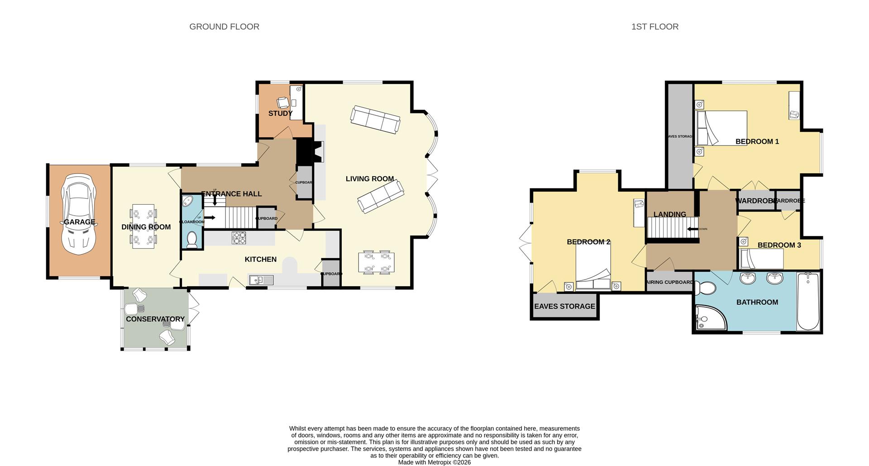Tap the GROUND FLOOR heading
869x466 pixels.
coord(224,27)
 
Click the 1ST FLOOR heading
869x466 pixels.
coord(654,27)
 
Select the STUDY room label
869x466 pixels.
coord(280,113)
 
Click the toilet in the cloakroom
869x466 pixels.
coord(192,240)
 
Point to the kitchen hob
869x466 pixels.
coord(239,238)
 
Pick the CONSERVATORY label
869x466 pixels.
coord(155,319)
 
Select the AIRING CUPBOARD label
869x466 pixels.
coord(669,282)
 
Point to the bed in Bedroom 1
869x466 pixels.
coord(721,128)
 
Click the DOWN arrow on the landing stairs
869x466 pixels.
coord(693,229)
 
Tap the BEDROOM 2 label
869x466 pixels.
coord(588,242)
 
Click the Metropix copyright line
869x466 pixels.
coord(434,462)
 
